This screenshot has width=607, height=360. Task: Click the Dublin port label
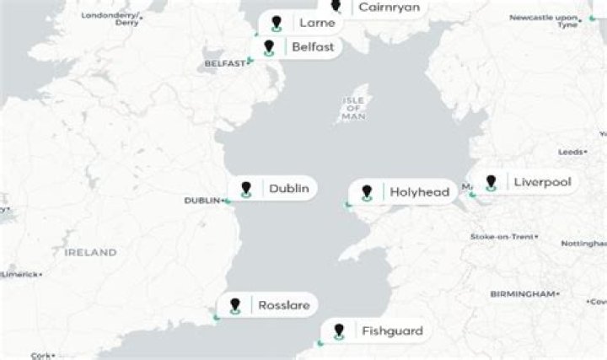point(287,189)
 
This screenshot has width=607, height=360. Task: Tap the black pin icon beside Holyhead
point(367,192)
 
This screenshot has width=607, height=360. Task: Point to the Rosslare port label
point(283,305)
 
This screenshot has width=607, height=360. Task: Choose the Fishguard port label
point(392,330)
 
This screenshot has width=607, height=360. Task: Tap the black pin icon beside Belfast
point(270,46)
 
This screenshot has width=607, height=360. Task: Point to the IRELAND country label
point(92,253)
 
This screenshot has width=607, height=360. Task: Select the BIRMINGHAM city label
point(523,293)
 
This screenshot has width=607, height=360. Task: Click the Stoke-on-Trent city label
point(501,237)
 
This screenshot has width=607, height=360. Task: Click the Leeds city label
point(570,152)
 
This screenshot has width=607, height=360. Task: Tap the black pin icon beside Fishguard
point(339,330)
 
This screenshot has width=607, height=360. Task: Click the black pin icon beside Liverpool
point(490,181)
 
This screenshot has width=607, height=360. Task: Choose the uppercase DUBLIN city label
point(202,201)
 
